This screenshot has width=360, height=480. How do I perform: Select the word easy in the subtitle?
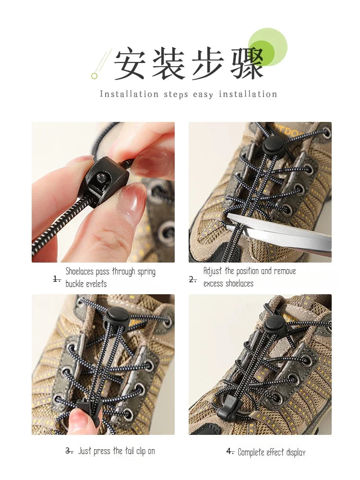[203, 95]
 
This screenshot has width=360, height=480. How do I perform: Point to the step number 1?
[57, 279]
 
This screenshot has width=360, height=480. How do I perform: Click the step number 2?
[193, 279]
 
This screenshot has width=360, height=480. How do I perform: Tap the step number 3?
[69, 451]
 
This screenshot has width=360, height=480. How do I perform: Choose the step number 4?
[230, 451]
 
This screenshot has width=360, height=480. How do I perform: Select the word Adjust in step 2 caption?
[213, 271]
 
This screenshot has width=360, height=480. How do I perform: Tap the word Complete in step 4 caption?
[253, 452]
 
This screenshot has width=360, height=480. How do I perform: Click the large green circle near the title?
[268, 47]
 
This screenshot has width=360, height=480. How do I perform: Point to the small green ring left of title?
[94, 76]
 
